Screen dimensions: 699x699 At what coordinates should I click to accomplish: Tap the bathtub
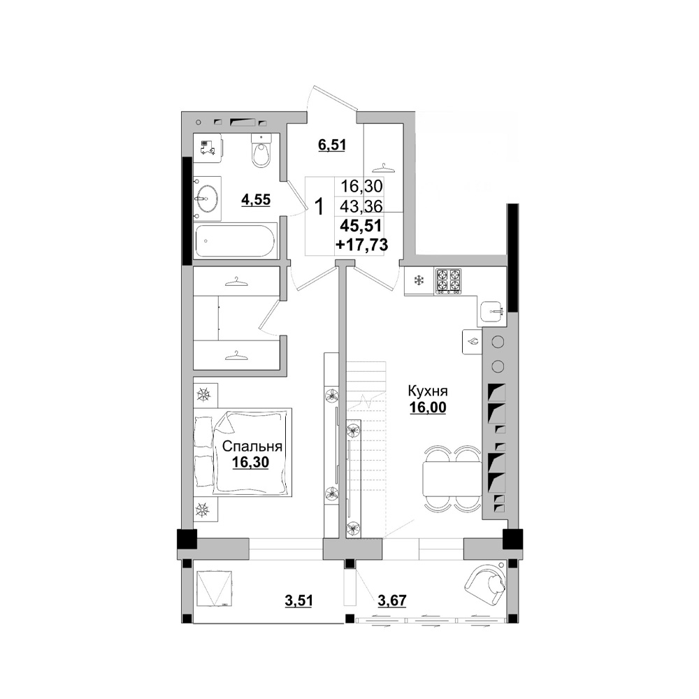click(236, 240)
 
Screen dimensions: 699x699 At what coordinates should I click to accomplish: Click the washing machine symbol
click(208, 147)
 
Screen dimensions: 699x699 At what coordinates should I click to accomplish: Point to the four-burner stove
click(448, 281)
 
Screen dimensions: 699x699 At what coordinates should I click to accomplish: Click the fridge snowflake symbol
click(419, 281)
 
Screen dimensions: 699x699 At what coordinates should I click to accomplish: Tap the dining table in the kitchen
click(452, 479)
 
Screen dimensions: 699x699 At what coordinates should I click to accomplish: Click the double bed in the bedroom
click(243, 452)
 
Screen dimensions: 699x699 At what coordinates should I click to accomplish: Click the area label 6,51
click(331, 145)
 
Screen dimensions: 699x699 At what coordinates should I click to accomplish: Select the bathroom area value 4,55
click(256, 200)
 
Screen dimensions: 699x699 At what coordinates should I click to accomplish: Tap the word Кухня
click(428, 391)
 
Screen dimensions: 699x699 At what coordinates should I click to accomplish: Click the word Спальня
click(252, 446)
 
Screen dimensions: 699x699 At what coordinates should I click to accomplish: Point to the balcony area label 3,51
click(298, 600)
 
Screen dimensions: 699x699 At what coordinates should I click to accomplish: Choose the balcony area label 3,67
click(392, 600)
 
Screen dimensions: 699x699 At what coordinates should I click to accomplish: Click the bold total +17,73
click(362, 245)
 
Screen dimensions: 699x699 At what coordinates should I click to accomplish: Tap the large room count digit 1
click(319, 207)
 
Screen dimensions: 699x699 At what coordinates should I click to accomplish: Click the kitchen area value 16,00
click(428, 408)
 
